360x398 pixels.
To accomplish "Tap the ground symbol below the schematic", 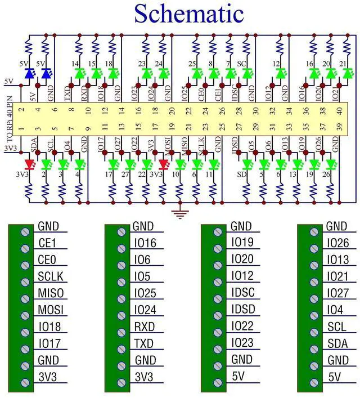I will pyautogui.click(x=181, y=213).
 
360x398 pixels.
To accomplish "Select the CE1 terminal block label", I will pyautogui.click(x=47, y=244).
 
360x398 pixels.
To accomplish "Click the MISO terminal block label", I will pyautogui.click(x=51, y=293).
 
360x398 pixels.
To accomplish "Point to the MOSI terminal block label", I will pyautogui.click(x=51, y=310).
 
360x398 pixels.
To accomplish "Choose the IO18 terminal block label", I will pyautogui.click(x=49, y=327).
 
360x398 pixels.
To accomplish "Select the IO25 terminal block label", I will pyautogui.click(x=145, y=293).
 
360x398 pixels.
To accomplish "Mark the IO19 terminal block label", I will pyautogui.click(x=242, y=244).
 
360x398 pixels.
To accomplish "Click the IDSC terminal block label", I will pyautogui.click(x=243, y=293).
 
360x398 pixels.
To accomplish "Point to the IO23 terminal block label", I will pyautogui.click(x=242, y=343).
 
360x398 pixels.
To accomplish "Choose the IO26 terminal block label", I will pyautogui.click(x=338, y=244).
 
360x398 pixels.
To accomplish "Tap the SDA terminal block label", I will pyautogui.click(x=336, y=343).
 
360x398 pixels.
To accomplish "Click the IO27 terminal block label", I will pyautogui.click(x=338, y=293).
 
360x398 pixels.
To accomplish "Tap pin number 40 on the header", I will pyautogui.click(x=339, y=111).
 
